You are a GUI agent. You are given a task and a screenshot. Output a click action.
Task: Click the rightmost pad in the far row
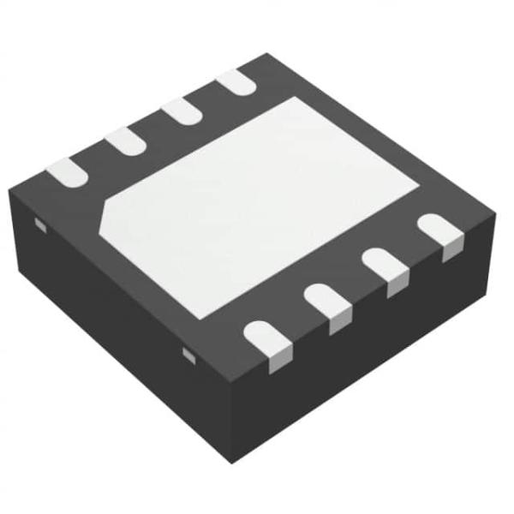235,82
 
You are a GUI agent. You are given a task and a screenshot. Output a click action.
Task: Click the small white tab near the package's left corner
38,224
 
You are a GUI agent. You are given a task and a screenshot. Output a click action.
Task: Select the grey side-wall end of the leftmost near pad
279,362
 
